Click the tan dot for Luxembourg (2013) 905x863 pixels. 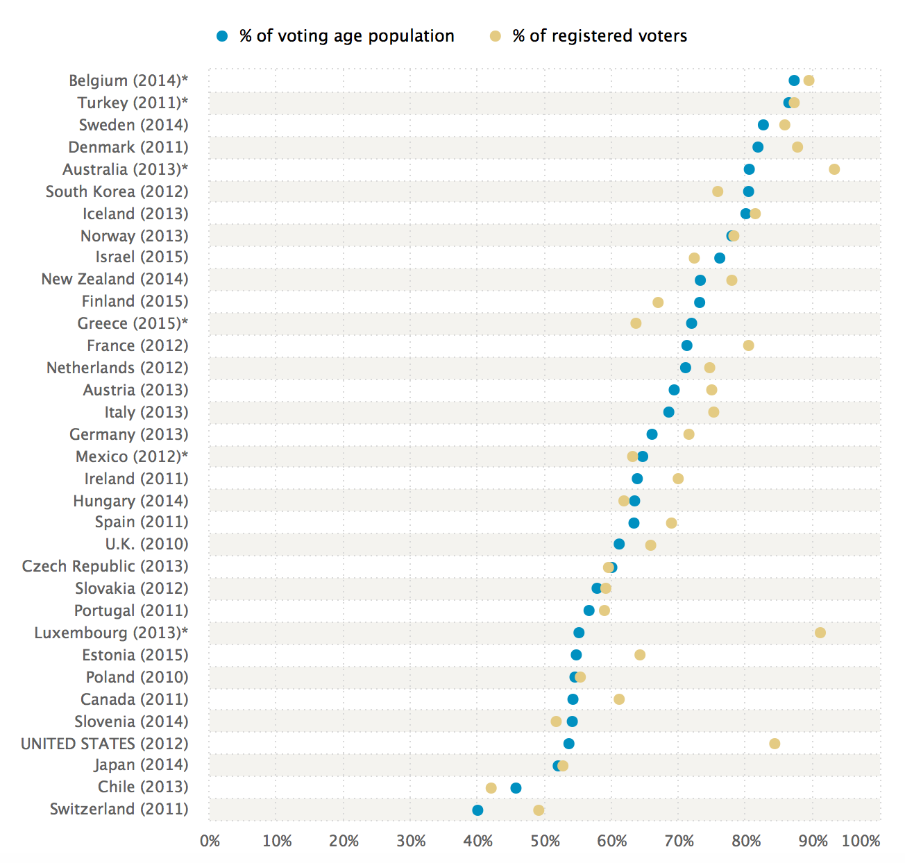(x=820, y=633)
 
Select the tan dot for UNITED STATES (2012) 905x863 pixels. (x=775, y=744)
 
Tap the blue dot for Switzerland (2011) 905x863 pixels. (x=477, y=810)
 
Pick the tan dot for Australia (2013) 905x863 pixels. (x=834, y=169)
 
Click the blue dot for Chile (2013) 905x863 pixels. (x=516, y=788)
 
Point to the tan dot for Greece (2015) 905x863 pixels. (x=636, y=323)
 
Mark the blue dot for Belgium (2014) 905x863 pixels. (x=794, y=80)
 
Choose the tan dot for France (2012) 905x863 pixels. (x=748, y=345)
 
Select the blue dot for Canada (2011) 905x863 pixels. (x=573, y=699)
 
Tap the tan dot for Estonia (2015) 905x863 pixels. (x=640, y=655)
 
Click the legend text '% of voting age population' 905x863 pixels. (x=347, y=36)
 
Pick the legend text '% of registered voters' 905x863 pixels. (x=600, y=36)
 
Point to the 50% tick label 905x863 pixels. (x=545, y=841)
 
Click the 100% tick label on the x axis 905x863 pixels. (x=861, y=841)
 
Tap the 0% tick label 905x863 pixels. (x=210, y=841)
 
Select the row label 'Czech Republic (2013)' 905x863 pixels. (x=105, y=566)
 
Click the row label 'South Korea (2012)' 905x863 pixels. (x=117, y=191)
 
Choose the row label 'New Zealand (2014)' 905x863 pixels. (x=115, y=279)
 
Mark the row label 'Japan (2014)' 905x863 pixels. (x=142, y=764)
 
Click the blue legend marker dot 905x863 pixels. (x=222, y=36)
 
